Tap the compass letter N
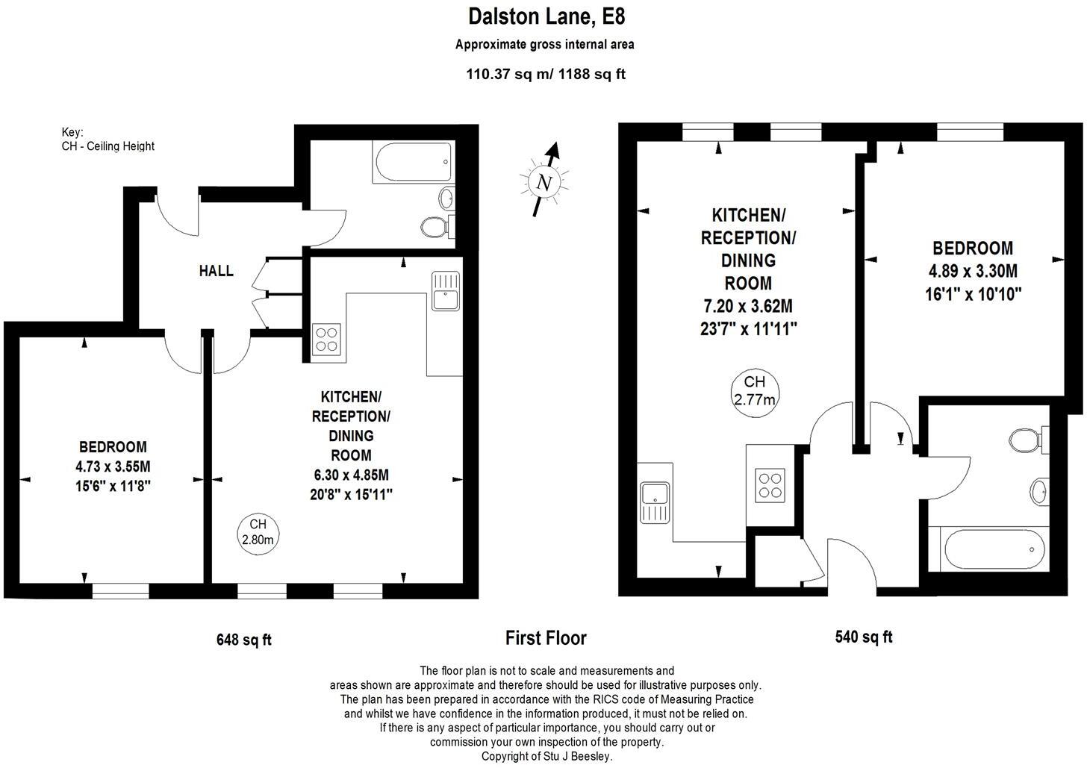tap(543, 182)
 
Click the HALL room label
tap(216, 271)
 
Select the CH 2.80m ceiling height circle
tap(258, 531)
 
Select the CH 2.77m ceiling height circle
tap(754, 390)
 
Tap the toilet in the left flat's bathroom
tap(435, 226)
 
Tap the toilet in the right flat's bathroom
tap(1025, 440)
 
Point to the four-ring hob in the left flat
tap(326, 339)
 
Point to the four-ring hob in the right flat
tap(770, 485)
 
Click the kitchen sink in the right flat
tap(655, 502)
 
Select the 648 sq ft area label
tap(244, 640)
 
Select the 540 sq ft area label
tap(863, 637)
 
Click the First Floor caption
tap(546, 638)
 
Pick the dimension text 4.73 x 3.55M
tap(113, 467)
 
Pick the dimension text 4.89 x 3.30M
tap(972, 271)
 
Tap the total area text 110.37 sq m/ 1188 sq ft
tap(546, 73)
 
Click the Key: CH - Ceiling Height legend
tap(108, 139)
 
